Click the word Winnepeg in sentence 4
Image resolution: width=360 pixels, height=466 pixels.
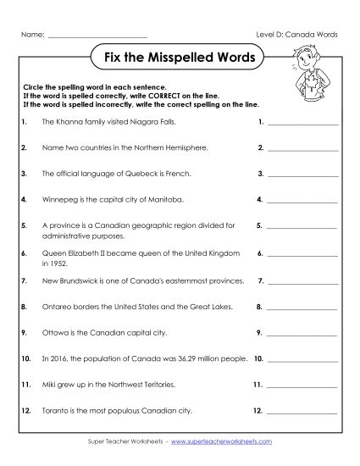(57, 201)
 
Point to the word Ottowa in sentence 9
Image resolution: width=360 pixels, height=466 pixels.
(53, 333)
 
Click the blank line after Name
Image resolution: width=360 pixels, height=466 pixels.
(97, 36)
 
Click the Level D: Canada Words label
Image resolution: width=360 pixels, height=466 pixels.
(297, 34)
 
